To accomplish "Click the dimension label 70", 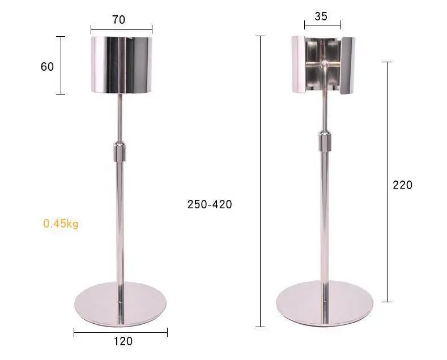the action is click(118, 20).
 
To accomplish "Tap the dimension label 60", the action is click(47, 67).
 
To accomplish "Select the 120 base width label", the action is click(123, 341).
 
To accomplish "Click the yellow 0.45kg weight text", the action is click(61, 224).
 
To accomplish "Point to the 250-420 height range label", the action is click(210, 204).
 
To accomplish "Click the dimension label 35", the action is click(321, 16).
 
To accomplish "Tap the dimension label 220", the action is click(403, 185).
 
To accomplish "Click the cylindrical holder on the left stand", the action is click(122, 65).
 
